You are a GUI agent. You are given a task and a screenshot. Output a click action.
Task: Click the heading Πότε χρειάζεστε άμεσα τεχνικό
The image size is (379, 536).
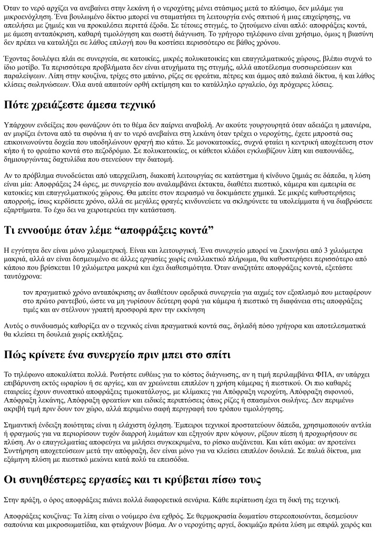coord(79,105)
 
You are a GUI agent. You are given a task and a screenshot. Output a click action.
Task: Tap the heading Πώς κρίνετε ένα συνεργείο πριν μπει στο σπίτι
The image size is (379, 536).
coord(117,354)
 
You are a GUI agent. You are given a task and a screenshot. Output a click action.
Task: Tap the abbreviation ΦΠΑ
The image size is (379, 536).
coord(277,374)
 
